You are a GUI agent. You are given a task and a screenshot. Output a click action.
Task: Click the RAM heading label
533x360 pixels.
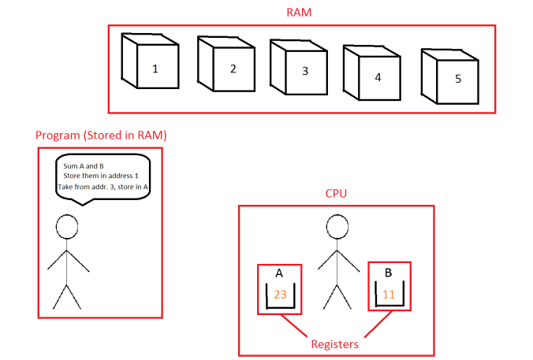pyautogui.click(x=300, y=13)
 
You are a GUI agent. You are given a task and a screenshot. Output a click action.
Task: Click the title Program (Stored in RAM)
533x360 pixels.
pyautogui.click(x=101, y=135)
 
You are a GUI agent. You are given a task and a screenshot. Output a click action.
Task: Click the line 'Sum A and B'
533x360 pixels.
pyautogui.click(x=84, y=166)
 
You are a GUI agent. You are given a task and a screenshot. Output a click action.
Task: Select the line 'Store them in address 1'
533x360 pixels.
pyautogui.click(x=102, y=176)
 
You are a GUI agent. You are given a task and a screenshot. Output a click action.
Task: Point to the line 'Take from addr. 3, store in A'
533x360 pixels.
pyautogui.click(x=103, y=187)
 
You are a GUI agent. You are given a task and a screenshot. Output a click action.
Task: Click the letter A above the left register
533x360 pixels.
pyautogui.click(x=279, y=273)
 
